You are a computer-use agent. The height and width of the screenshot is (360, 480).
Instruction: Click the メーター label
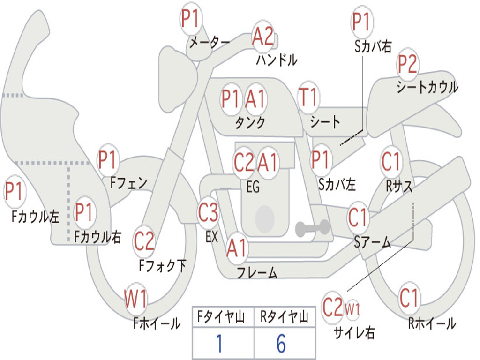[x=210, y=42]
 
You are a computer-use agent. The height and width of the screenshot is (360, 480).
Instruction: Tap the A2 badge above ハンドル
[x=263, y=37]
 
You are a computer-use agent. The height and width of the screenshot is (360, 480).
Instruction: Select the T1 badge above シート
[x=308, y=97]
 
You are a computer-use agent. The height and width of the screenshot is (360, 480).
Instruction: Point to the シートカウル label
[x=427, y=87]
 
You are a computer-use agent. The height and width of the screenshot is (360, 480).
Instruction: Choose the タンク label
[x=250, y=122]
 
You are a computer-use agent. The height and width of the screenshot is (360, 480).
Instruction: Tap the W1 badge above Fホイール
[x=135, y=299]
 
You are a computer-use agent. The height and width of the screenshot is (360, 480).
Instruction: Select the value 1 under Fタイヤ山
[x=219, y=344]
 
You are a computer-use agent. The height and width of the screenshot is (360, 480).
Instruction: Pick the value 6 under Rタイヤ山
[x=281, y=344]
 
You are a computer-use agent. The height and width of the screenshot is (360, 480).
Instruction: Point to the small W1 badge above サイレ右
[x=352, y=309]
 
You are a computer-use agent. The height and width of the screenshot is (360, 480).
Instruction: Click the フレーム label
[x=257, y=272]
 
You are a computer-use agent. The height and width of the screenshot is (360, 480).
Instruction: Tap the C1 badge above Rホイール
[x=409, y=298]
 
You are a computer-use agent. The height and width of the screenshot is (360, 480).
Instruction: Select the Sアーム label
[x=373, y=242]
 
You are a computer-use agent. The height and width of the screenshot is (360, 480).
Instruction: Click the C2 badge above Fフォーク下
[x=144, y=241]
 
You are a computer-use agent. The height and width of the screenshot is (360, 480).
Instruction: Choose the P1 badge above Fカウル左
[x=15, y=191]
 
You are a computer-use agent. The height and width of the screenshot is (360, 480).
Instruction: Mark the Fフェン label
[x=128, y=183]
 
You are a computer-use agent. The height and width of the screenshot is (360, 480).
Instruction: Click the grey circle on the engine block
[x=265, y=218]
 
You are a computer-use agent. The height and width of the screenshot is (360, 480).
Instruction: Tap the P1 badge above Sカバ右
[x=362, y=22]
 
